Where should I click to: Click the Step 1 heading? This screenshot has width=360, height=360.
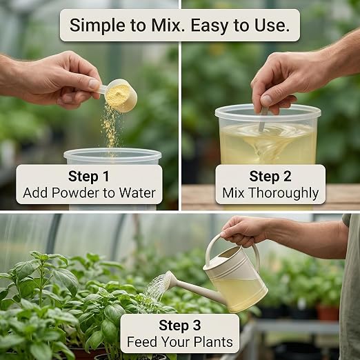point(89,177)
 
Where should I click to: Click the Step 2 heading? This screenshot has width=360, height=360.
point(270,177)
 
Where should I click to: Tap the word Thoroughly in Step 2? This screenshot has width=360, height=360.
point(284,193)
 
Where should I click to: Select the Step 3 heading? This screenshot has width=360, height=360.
point(180,326)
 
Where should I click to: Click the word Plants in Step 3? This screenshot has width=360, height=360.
point(213,342)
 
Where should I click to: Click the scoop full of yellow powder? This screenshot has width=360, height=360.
point(119,94)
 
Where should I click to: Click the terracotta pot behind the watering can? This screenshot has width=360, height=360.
point(328,312)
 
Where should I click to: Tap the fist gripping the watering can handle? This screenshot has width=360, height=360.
point(243,231)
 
